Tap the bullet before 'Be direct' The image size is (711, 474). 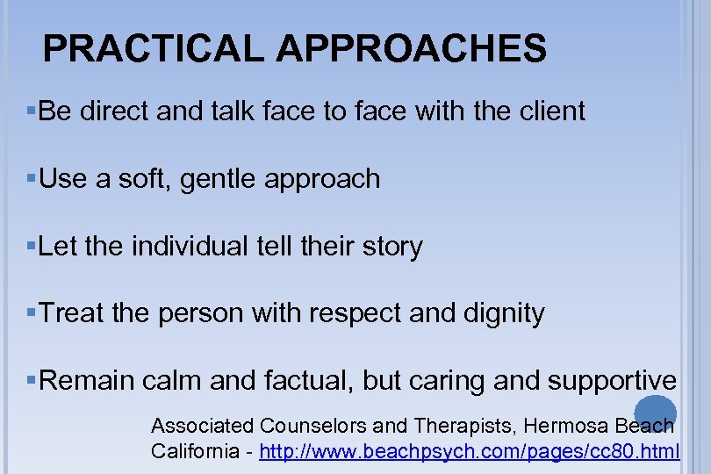(32, 111)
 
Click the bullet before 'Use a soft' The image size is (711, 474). (32, 179)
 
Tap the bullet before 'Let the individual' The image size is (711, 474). (32, 246)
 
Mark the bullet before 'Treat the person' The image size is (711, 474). (32, 313)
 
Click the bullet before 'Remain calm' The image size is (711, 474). (32, 380)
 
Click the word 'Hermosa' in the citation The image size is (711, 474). (561, 427)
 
